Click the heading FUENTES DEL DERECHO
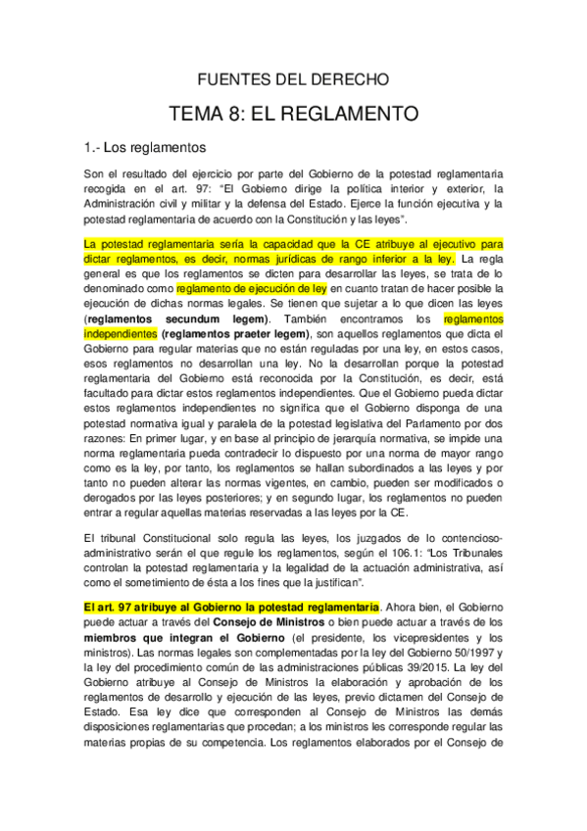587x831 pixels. click(x=294, y=78)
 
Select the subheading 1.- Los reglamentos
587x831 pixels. click(x=145, y=148)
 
